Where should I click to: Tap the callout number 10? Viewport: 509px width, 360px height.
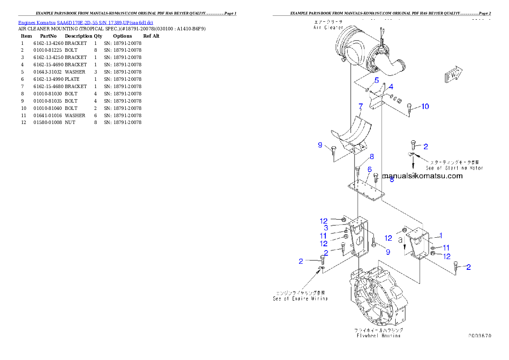[x=425, y=106]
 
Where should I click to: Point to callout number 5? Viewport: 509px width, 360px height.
[x=376, y=80]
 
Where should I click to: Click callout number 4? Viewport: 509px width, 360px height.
[x=391, y=87]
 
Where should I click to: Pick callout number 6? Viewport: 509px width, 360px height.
[x=369, y=169]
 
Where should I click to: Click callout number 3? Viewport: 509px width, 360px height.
[x=326, y=228]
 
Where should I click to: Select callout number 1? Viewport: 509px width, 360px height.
[x=441, y=235]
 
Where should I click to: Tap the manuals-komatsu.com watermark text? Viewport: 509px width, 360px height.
[x=423, y=176]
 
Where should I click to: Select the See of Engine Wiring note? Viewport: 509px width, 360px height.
[x=300, y=295]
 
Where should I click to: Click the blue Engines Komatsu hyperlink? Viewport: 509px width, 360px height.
[x=86, y=22]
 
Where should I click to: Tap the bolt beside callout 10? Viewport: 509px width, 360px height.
[x=411, y=108]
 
